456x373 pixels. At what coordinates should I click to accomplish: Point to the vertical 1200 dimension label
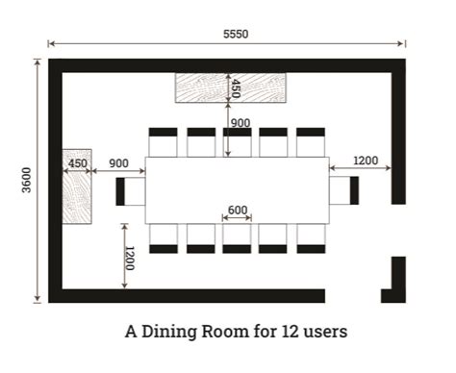coord(129,258)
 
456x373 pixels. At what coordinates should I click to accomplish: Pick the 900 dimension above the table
coord(241,123)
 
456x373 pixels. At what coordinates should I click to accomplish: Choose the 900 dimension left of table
coord(119,163)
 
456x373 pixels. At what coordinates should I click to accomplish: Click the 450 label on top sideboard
coord(232,89)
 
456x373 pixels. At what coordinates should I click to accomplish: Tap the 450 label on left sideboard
coord(77,163)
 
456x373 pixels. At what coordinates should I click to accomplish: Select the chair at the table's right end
coord(343,190)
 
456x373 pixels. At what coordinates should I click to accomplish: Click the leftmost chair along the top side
coord(163,141)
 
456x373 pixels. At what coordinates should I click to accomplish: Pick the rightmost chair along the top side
coord(310,141)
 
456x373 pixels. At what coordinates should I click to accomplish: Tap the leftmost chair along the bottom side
coord(163,238)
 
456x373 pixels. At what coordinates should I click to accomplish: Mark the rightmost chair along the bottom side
coord(310,238)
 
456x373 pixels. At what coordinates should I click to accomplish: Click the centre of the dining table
coord(237,190)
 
